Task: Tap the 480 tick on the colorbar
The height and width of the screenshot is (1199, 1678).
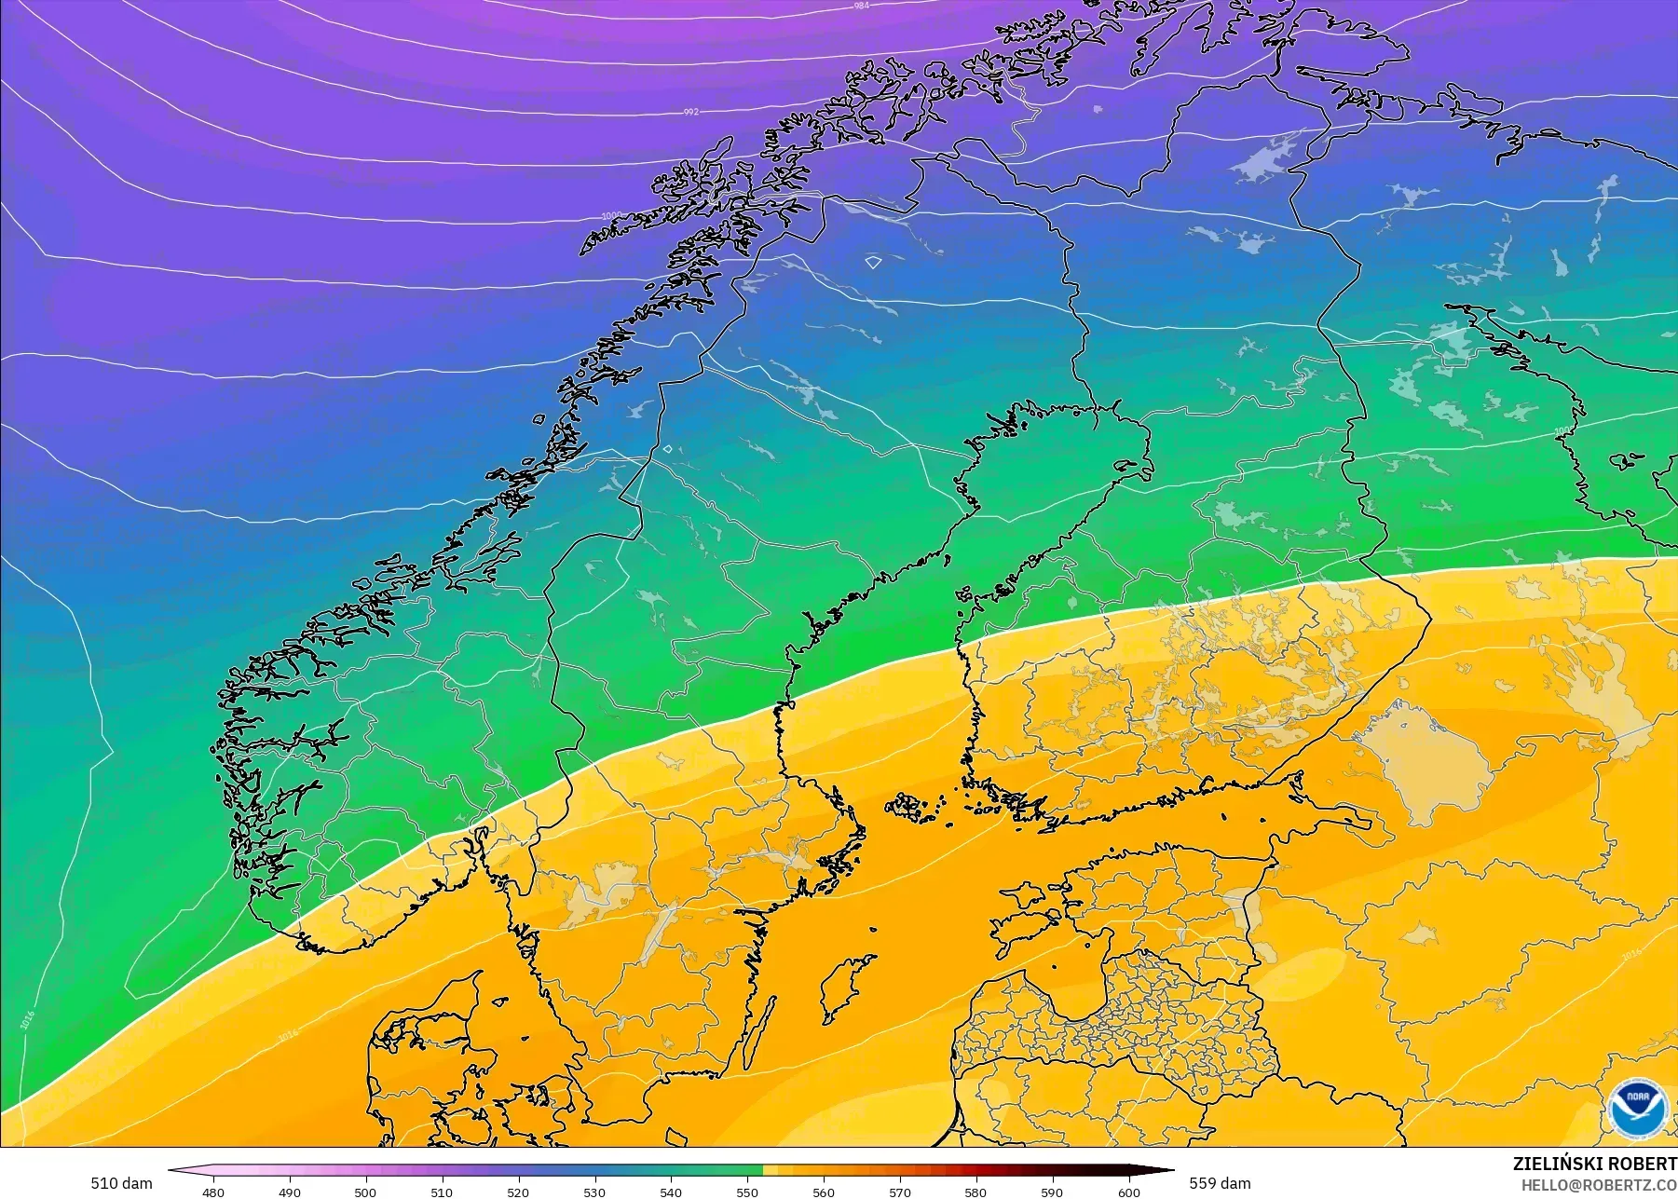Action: pos(213,1192)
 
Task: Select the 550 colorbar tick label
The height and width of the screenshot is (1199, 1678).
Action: pos(747,1192)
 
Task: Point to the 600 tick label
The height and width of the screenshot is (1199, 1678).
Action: pos(1128,1192)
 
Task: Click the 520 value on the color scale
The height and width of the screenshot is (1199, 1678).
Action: pos(518,1192)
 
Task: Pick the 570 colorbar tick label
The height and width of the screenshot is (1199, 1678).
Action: pos(900,1192)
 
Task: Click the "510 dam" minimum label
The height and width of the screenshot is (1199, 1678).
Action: pos(121,1183)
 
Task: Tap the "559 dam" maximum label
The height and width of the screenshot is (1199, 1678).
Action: pos(1220,1183)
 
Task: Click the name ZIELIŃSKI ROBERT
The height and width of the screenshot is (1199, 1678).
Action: pos(1594,1164)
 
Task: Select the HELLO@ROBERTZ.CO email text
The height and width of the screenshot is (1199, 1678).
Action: pos(1599,1185)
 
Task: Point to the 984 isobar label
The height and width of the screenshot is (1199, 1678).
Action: pos(861,7)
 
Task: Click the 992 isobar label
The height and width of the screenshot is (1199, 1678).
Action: pos(690,112)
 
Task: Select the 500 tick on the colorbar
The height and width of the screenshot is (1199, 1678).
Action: pos(365,1192)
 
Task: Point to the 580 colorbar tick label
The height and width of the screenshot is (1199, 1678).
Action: pos(975,1192)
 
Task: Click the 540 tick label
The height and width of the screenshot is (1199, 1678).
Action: pos(671,1192)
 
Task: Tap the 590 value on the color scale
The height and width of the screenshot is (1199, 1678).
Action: pos(1052,1192)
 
